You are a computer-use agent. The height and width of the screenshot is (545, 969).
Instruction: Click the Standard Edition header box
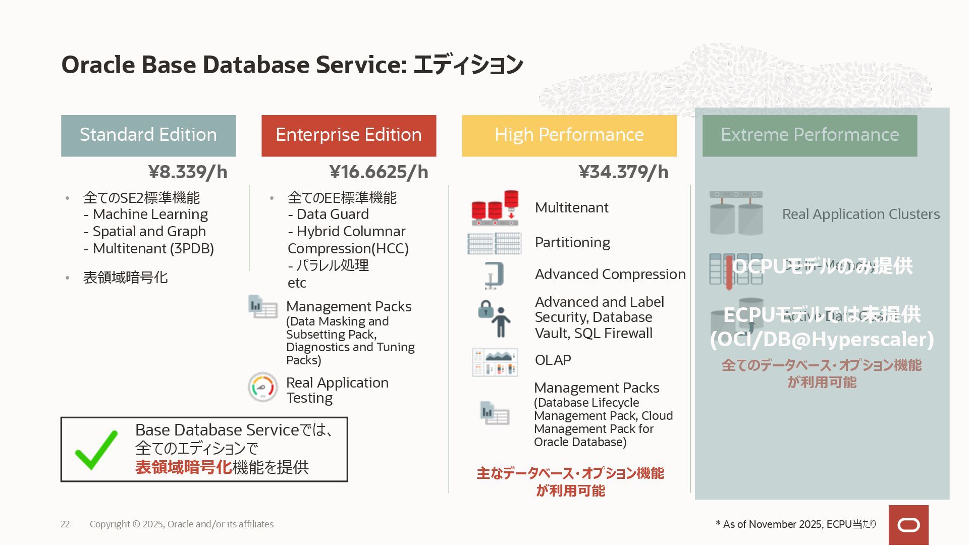pos(148,135)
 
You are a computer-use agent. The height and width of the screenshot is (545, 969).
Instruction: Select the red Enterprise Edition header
pos(348,135)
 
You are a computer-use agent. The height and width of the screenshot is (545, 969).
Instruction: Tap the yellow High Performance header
pos(569,135)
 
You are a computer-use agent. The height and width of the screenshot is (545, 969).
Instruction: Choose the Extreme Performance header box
pos(810,135)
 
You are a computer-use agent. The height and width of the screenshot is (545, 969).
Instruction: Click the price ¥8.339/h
pos(188,172)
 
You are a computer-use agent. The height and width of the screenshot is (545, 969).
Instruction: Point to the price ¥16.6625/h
pos(379,172)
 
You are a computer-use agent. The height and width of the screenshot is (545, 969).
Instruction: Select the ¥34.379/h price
pos(623,172)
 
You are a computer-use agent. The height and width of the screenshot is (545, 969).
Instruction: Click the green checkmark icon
pos(96,450)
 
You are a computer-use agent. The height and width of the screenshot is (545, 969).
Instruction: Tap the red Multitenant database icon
pos(495,208)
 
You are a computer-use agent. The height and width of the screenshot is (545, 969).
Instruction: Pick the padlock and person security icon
pos(495,318)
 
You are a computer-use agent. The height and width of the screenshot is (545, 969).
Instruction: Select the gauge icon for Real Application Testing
pos(262,387)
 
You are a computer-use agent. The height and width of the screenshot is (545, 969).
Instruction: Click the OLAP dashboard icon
pos(495,362)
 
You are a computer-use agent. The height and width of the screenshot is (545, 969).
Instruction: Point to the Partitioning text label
pos(572,243)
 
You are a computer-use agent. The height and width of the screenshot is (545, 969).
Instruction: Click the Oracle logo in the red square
pos(908,525)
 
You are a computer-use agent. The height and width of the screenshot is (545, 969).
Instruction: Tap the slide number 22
pos(65,524)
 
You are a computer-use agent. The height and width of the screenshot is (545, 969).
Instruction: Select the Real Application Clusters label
pos(860,214)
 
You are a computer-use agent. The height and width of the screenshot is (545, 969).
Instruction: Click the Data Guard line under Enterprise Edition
pos(328,214)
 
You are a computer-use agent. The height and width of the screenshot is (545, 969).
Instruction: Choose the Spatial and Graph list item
pos(145,232)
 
